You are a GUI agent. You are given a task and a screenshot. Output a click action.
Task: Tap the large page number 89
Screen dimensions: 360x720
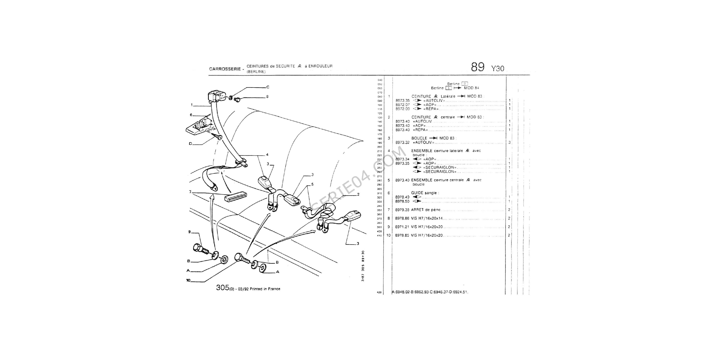click(x=478, y=67)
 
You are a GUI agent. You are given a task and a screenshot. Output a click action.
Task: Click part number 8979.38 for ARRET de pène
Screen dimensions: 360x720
click(x=402, y=210)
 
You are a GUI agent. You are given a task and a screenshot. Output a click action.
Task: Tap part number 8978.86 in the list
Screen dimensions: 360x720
click(x=402, y=218)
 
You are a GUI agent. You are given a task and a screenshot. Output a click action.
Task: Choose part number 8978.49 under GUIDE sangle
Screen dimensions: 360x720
click(x=402, y=197)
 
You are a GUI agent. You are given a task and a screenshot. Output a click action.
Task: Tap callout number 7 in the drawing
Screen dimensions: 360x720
click(x=190, y=192)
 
